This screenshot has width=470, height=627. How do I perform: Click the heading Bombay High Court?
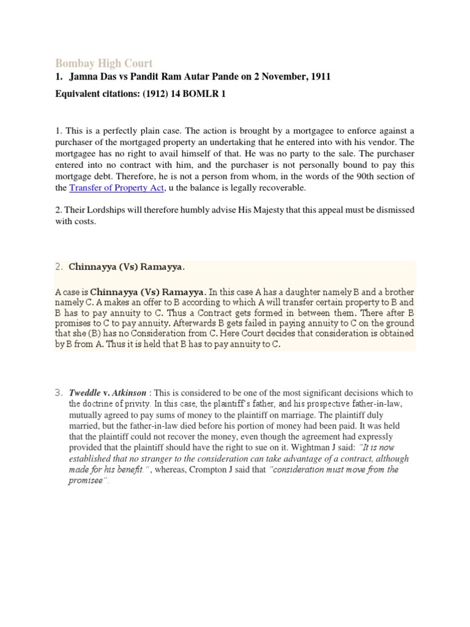tap(104, 63)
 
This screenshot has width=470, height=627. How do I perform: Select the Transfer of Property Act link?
tap(116, 188)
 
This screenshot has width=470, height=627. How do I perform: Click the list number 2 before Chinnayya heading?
tap(59, 267)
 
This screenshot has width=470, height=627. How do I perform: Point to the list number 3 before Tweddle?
tap(59, 392)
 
